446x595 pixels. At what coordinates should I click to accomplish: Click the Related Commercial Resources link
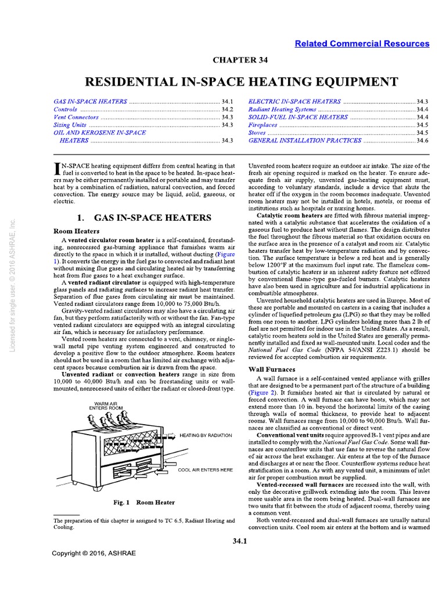[362, 44]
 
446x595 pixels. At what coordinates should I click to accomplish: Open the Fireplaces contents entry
[263, 125]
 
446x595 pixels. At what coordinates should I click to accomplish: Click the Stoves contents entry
[258, 132]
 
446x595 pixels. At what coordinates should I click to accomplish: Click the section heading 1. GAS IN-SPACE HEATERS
[144, 218]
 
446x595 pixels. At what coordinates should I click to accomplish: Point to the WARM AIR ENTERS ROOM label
[109, 406]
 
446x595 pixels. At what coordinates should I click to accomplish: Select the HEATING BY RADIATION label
[206, 435]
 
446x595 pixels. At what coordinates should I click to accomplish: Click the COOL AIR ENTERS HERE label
[206, 469]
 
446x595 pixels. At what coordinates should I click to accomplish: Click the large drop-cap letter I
[57, 169]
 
